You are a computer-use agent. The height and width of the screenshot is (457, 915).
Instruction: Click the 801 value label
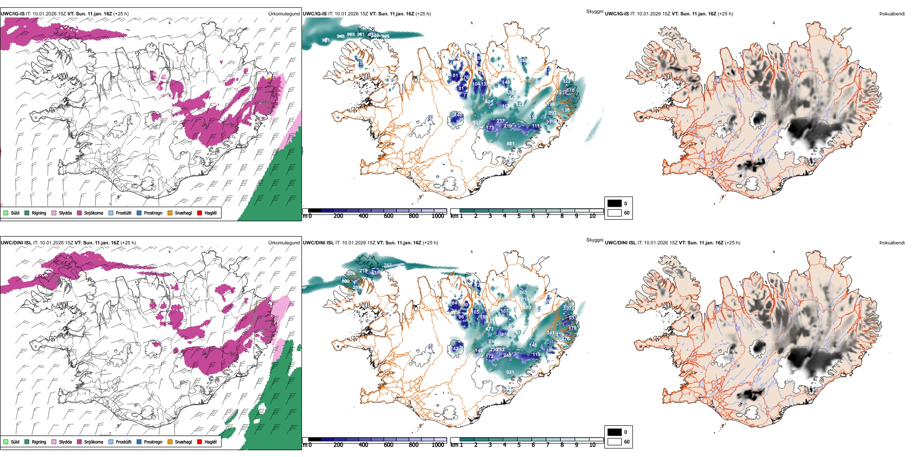pyautogui.click(x=510, y=143)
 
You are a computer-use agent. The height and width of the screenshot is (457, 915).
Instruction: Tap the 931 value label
pyautogui.click(x=510, y=372)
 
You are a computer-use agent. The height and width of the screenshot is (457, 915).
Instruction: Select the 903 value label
pyautogui.click(x=527, y=307)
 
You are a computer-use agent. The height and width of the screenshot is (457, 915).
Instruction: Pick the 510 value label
pyautogui.click(x=525, y=299)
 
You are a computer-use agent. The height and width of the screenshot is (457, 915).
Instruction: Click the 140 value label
pyautogui.click(x=459, y=115)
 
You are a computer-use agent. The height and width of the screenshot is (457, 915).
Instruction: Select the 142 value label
pyautogui.click(x=455, y=349)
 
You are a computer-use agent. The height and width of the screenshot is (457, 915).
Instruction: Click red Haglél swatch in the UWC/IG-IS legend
pyautogui.click(x=199, y=213)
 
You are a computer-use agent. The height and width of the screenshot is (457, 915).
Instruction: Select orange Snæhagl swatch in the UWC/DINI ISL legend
pyautogui.click(x=170, y=442)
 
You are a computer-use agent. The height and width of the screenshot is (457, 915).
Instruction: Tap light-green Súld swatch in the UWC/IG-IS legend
pyautogui.click(x=6, y=213)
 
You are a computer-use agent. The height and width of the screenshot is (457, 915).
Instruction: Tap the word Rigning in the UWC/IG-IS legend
pyautogui.click(x=39, y=213)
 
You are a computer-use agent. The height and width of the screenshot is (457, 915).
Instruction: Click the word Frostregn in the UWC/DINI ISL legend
pyautogui.click(x=153, y=442)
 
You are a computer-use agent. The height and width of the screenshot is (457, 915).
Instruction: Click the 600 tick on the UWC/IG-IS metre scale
pyautogui.click(x=389, y=216)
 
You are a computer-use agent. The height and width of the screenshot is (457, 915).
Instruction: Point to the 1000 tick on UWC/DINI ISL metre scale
pyautogui.click(x=438, y=445)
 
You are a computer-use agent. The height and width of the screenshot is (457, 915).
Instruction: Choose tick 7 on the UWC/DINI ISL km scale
pyautogui.click(x=548, y=445)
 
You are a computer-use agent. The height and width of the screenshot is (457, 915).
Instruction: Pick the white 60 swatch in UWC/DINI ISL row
pyautogui.click(x=614, y=441)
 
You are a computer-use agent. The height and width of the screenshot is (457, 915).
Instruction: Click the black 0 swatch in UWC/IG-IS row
pyautogui.click(x=614, y=203)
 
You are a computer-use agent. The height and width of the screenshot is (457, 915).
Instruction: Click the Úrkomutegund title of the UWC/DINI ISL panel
pyautogui.click(x=284, y=243)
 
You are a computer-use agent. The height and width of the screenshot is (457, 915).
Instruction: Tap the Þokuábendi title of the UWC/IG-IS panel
pyautogui.click(x=892, y=14)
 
